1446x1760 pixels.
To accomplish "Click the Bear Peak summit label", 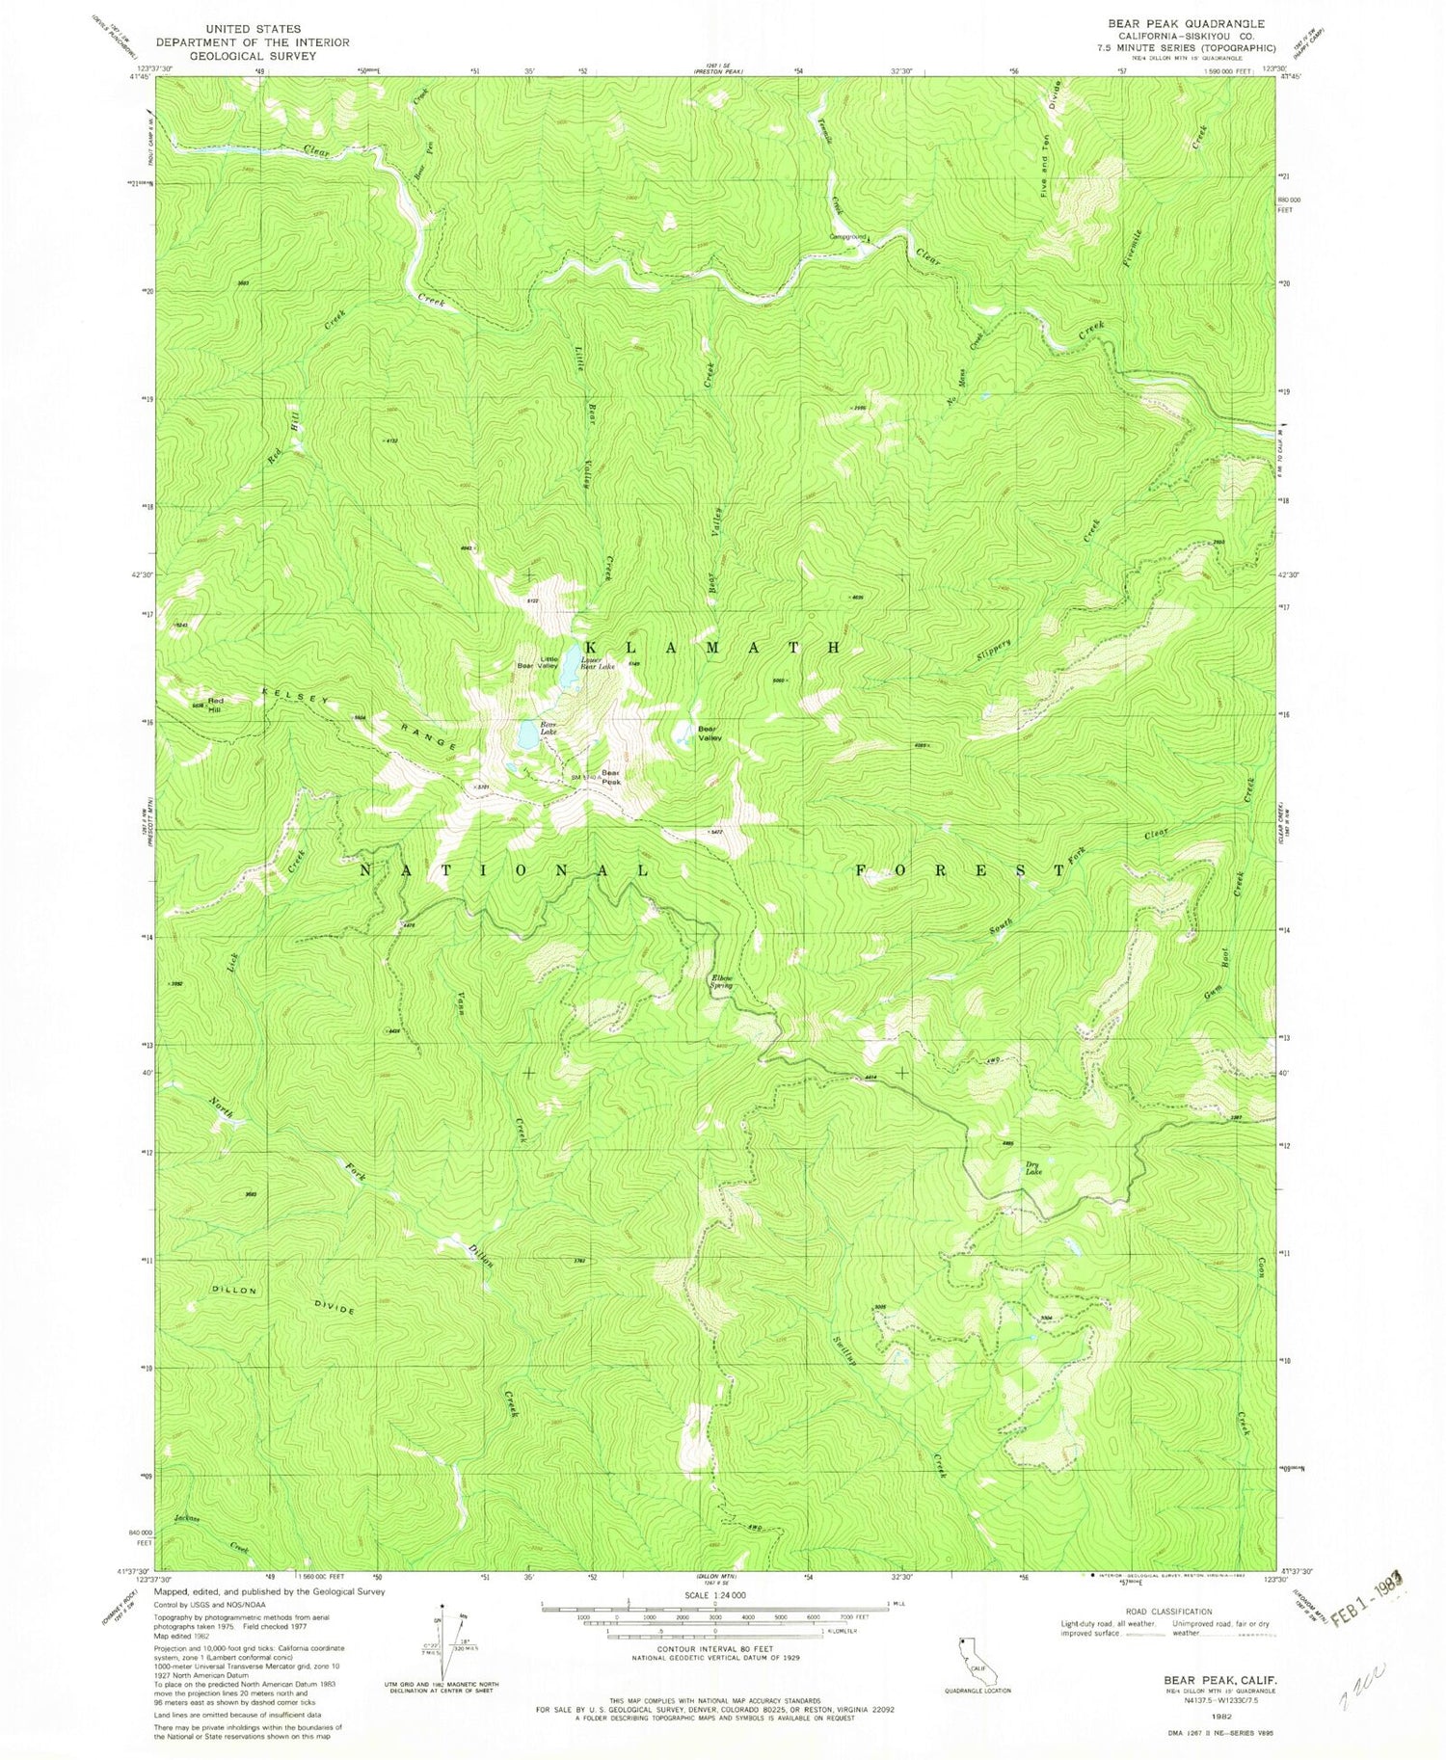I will (611, 777).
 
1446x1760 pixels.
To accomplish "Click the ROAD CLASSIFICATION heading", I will (1165, 1611).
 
